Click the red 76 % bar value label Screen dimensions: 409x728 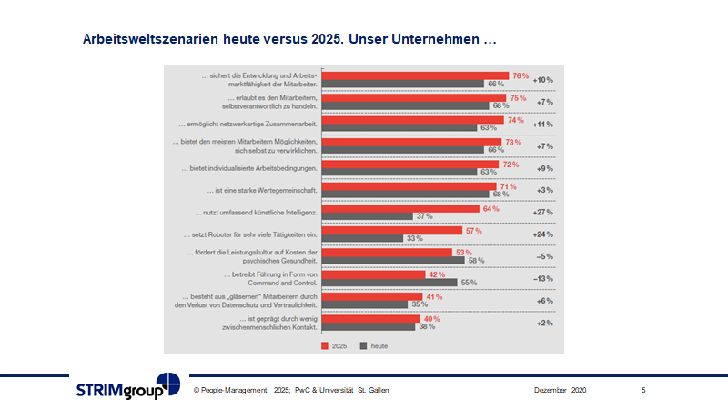(x=521, y=75)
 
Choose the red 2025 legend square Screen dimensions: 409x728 (x=323, y=345)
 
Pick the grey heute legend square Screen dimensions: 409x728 (x=362, y=345)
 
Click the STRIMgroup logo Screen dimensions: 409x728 (x=127, y=387)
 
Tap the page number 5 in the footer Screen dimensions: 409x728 (x=643, y=390)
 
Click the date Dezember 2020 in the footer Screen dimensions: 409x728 (x=560, y=390)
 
